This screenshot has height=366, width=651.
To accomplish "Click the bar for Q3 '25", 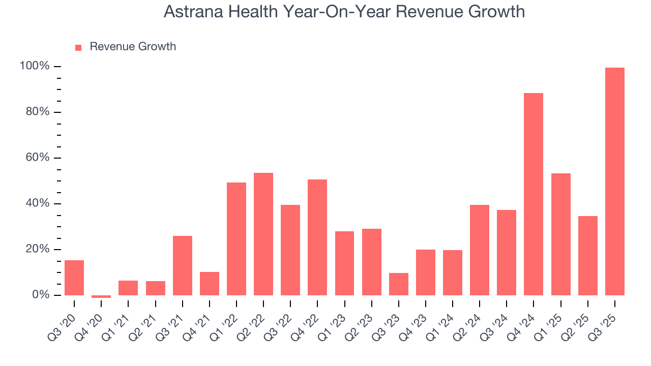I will click(614, 181).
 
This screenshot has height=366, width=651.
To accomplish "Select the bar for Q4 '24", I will click(534, 194).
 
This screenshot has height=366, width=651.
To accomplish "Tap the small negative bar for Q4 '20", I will click(101, 296).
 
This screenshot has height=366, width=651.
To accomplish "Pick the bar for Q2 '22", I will click(263, 234).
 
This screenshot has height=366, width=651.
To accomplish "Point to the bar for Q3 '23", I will click(399, 284).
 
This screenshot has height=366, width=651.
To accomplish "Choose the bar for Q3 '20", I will click(74, 278).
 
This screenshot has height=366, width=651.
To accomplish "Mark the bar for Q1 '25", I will click(560, 234).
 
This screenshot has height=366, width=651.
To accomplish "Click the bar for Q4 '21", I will click(210, 284).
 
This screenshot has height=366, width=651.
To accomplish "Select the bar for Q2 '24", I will click(480, 250).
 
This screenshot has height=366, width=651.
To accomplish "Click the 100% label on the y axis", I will click(35, 66).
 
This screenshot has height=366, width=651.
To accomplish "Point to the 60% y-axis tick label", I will click(37, 158).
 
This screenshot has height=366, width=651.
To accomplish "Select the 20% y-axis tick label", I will click(37, 249).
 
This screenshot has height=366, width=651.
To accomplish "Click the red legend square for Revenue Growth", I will click(78, 47).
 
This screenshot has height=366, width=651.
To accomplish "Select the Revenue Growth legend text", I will click(133, 47).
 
